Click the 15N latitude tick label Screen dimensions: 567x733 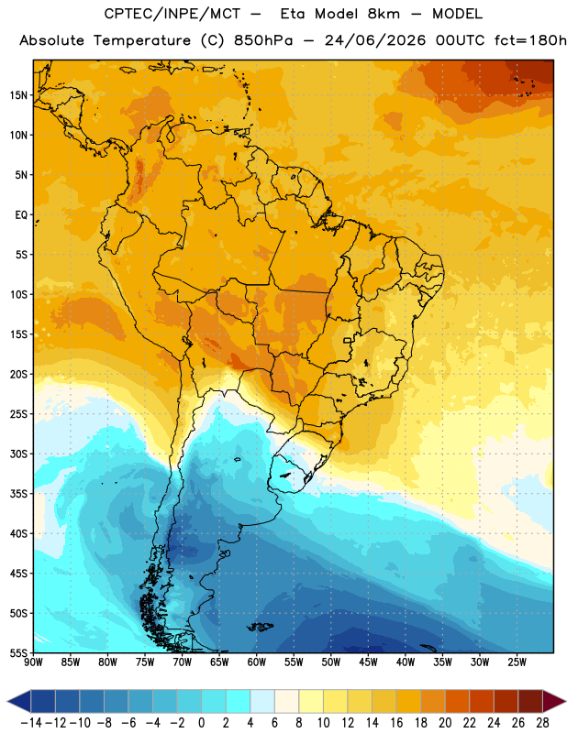(18, 95)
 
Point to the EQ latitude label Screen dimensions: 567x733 (21, 215)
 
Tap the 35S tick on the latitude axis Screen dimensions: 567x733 (18, 494)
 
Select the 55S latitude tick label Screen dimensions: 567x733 (18, 652)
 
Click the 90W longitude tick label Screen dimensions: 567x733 (34, 662)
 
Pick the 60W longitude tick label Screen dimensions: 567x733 (257, 662)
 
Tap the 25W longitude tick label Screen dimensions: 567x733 (517, 662)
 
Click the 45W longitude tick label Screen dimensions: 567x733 (368, 662)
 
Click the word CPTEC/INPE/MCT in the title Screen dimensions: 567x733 (172, 14)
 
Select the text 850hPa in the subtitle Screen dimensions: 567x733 (263, 40)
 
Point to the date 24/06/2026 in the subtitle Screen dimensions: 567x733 (375, 40)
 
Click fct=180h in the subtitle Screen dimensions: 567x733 (530, 40)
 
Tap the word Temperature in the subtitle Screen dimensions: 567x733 (142, 40)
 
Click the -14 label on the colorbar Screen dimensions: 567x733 (31, 723)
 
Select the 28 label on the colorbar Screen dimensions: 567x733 (543, 723)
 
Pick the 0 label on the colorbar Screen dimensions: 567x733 (201, 723)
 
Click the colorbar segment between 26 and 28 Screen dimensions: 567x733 (530, 701)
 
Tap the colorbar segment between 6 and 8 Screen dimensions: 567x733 (286, 701)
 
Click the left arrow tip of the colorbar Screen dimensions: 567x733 (8, 701)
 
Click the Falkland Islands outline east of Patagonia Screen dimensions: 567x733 (261, 627)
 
